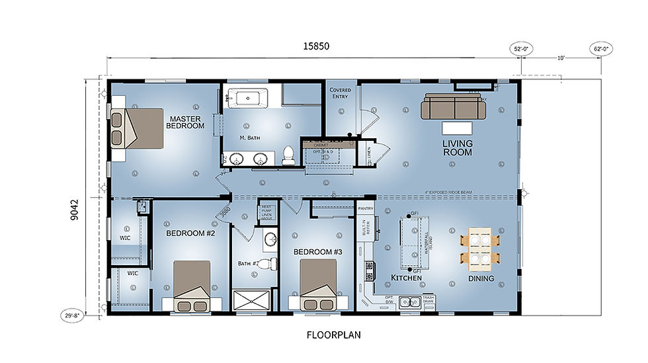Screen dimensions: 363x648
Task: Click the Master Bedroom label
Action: click(185, 121)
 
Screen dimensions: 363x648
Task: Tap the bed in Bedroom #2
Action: click(192, 286)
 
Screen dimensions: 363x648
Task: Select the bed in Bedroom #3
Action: click(319, 286)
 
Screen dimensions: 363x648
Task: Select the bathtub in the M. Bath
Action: click(248, 99)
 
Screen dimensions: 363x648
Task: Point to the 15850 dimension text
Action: click(315, 46)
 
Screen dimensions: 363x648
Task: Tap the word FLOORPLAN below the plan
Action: click(334, 335)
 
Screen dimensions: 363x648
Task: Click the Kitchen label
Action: click(407, 278)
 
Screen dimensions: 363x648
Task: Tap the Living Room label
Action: click(457, 147)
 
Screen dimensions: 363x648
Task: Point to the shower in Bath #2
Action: click(252, 300)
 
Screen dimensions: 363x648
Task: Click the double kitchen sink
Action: click(411, 302)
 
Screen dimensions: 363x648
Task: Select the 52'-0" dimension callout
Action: click(521, 48)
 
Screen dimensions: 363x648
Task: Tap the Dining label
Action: click(481, 278)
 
